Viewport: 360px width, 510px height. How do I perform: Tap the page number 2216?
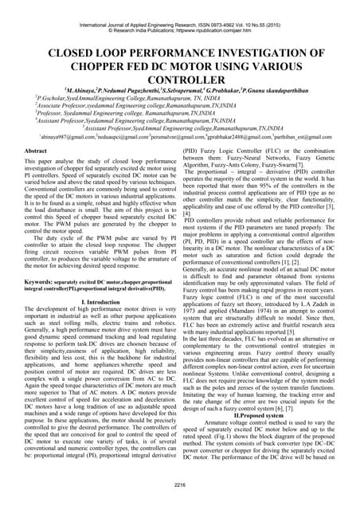pos(179,484)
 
